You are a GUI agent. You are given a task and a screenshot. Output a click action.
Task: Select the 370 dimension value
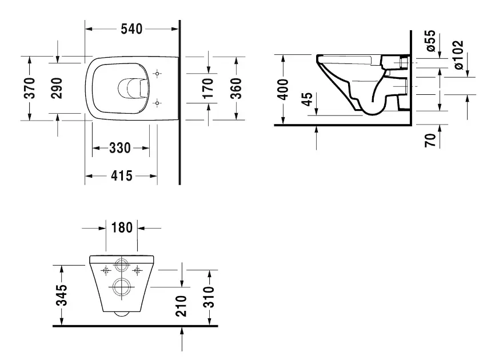(x=30, y=88)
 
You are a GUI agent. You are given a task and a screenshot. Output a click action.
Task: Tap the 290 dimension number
(x=56, y=88)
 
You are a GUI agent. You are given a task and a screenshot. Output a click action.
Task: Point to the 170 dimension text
(x=207, y=88)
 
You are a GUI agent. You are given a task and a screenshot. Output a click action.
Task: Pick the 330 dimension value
(x=120, y=149)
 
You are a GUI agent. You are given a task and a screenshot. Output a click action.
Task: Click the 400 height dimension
(x=282, y=89)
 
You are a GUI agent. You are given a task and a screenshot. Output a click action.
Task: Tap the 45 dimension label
(x=307, y=99)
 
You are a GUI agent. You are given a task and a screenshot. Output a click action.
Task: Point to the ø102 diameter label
(x=458, y=55)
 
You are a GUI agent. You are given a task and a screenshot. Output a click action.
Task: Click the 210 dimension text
(x=181, y=306)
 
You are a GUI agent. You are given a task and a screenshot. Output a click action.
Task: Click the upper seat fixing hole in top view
(x=158, y=74)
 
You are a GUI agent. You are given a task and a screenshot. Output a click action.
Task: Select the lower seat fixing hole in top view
(x=158, y=103)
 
